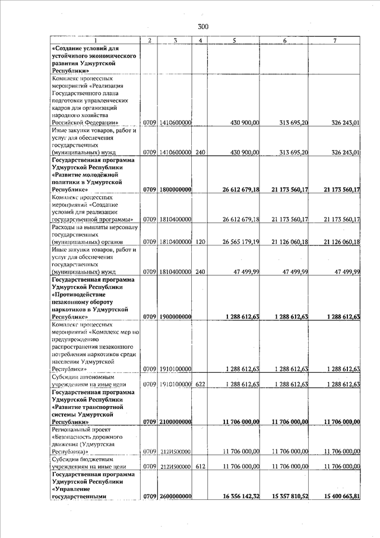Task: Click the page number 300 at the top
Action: pos(203,26)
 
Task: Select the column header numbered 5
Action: pos(235,40)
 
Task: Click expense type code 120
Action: pos(201,243)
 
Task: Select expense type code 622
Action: pos(201,384)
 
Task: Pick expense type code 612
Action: pos(201,466)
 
